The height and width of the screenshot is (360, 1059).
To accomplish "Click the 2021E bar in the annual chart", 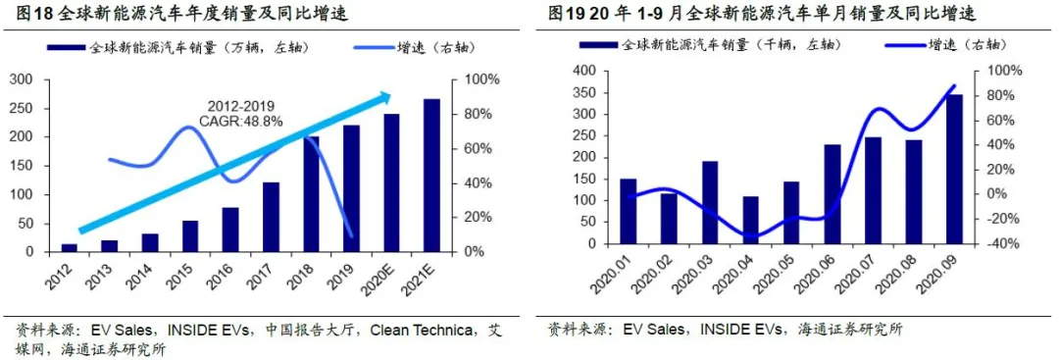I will [x=431, y=176].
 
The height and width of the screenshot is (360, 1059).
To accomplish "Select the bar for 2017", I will [x=271, y=217].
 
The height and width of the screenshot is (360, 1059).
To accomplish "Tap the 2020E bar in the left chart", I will [x=391, y=182].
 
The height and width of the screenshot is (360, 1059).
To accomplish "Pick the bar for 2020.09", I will [x=953, y=169].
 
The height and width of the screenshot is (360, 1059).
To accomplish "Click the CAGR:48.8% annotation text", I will [x=240, y=121].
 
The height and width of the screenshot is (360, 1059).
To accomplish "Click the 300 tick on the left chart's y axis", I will [x=47, y=80].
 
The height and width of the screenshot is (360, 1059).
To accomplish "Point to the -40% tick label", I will [x=999, y=243].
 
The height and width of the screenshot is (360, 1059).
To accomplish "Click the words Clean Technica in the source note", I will [x=423, y=329].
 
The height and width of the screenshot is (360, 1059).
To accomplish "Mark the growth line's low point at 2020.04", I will [x=750, y=237].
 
